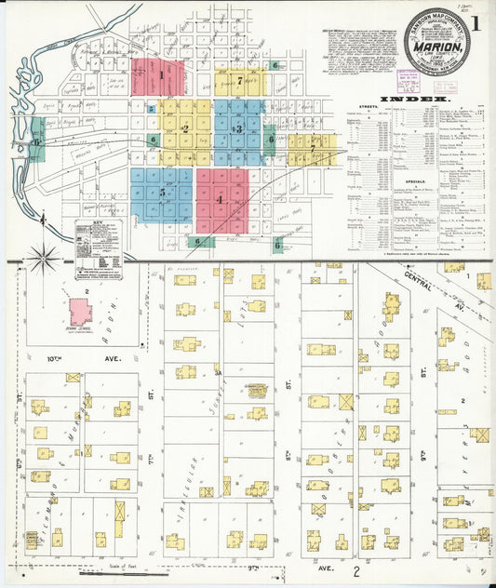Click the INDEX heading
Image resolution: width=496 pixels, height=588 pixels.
[422, 97]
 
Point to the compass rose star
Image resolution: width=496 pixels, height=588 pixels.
[42, 255]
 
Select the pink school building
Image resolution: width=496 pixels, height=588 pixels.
[81, 311]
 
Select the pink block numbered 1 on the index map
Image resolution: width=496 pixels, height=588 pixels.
[159, 77]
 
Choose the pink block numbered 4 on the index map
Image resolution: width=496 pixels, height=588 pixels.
[221, 199]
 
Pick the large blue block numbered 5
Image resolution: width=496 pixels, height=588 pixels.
[162, 194]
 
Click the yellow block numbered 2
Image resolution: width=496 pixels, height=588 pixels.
[185, 128]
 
